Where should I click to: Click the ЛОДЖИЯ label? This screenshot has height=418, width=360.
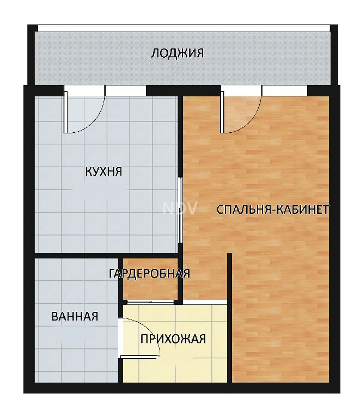tap(178, 53)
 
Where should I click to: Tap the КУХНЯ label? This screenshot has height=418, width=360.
tap(103, 171)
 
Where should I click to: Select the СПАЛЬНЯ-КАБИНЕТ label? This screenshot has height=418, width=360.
tap(272, 210)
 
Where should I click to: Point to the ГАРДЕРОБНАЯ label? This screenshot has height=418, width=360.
tap(150, 274)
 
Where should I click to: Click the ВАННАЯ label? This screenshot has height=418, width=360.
tap(75, 316)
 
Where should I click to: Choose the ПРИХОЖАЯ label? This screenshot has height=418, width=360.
tap(173, 339)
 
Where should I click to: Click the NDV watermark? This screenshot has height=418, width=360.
tap(180, 208)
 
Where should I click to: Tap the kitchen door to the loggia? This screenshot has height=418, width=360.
tap(65, 112)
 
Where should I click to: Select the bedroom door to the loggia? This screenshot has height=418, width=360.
tap(222, 112)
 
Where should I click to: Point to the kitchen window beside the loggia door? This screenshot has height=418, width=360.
tap(126, 91)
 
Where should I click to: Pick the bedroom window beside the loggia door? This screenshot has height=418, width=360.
tap(284, 91)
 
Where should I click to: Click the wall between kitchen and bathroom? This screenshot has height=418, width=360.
tap(106, 255)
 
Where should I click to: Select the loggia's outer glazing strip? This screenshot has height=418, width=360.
tap(184, 28)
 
